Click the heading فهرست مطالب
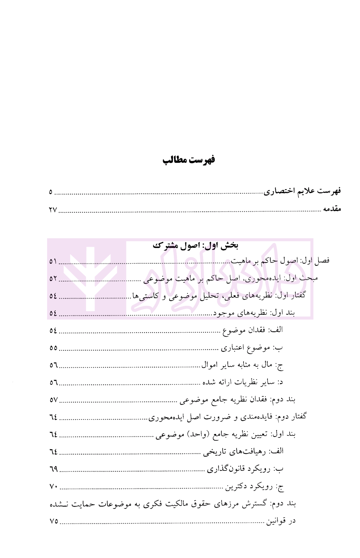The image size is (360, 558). point(189,160)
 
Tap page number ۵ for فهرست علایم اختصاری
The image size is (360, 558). point(51,193)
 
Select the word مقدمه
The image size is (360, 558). point(332,209)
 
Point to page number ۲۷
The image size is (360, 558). point(53,210)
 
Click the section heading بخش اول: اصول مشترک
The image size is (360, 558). point(195,245)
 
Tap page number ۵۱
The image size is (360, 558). point(53,262)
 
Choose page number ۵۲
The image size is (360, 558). point(53,279)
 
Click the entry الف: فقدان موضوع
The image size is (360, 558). point(252,330)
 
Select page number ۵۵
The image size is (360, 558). point(53,348)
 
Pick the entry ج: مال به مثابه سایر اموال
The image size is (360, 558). point(242,365)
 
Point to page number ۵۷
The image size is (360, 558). point(53,400)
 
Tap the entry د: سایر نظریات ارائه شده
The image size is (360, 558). point(243,383)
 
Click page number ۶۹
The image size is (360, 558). point(53,469)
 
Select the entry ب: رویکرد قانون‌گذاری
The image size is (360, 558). point(245,469)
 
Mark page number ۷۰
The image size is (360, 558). point(53,487)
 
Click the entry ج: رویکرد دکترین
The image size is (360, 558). point(254,487)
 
